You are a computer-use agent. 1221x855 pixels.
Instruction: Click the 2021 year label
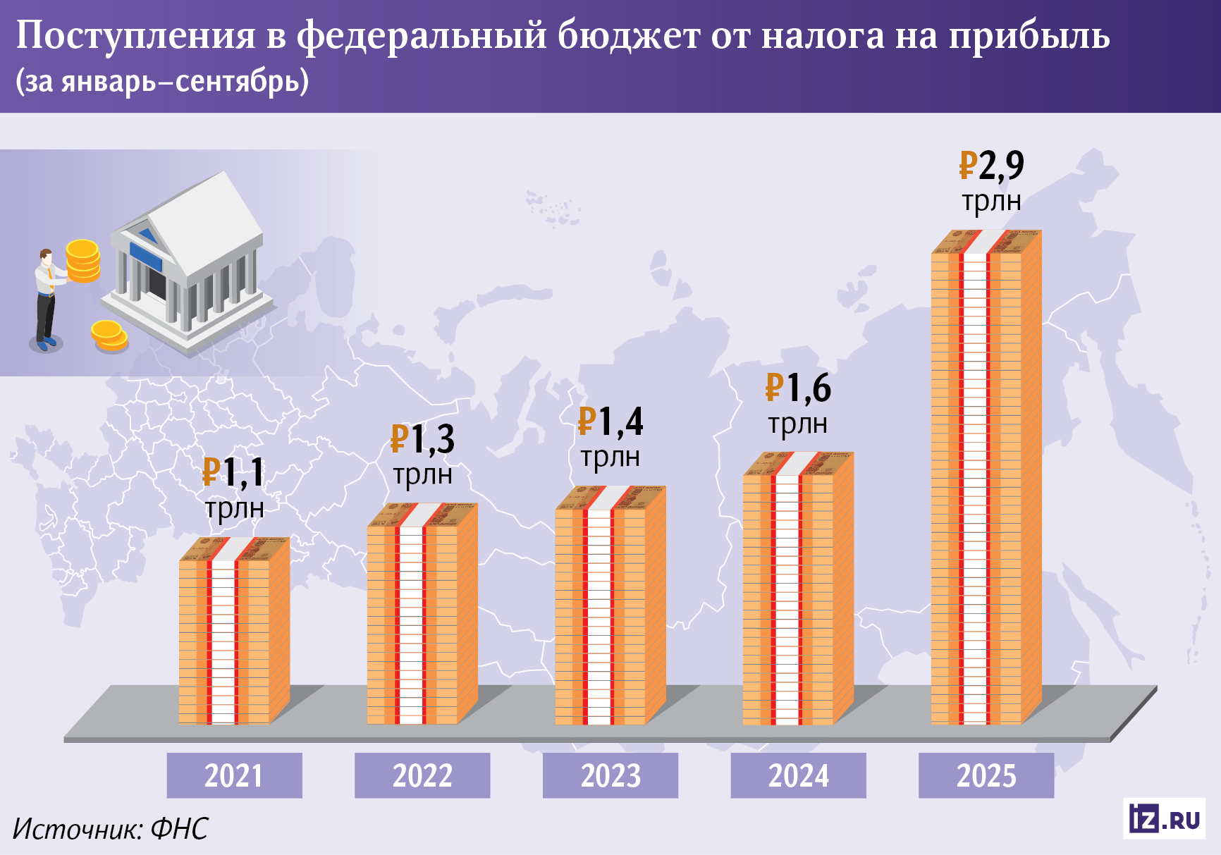pyautogui.click(x=234, y=775)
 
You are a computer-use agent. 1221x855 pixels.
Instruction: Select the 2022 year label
pyautogui.click(x=422, y=775)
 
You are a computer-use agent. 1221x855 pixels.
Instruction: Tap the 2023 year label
pyautogui.click(x=610, y=775)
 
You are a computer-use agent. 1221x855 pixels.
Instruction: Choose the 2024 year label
pyautogui.click(x=798, y=775)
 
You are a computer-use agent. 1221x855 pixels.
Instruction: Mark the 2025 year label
pyautogui.click(x=986, y=775)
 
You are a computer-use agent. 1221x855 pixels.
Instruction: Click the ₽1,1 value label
pyautogui.click(x=233, y=473)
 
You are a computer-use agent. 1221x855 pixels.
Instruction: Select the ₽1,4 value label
pyautogui.click(x=610, y=422)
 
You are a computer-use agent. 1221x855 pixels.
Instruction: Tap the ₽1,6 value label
pyautogui.click(x=798, y=388)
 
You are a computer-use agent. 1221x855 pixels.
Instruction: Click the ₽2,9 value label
pyautogui.click(x=991, y=166)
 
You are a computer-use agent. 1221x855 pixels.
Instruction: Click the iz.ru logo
pyautogui.click(x=1164, y=819)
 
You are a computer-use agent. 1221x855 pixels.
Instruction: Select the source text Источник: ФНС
pyautogui.click(x=111, y=829)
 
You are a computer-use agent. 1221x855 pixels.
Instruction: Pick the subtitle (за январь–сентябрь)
pyautogui.click(x=162, y=82)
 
